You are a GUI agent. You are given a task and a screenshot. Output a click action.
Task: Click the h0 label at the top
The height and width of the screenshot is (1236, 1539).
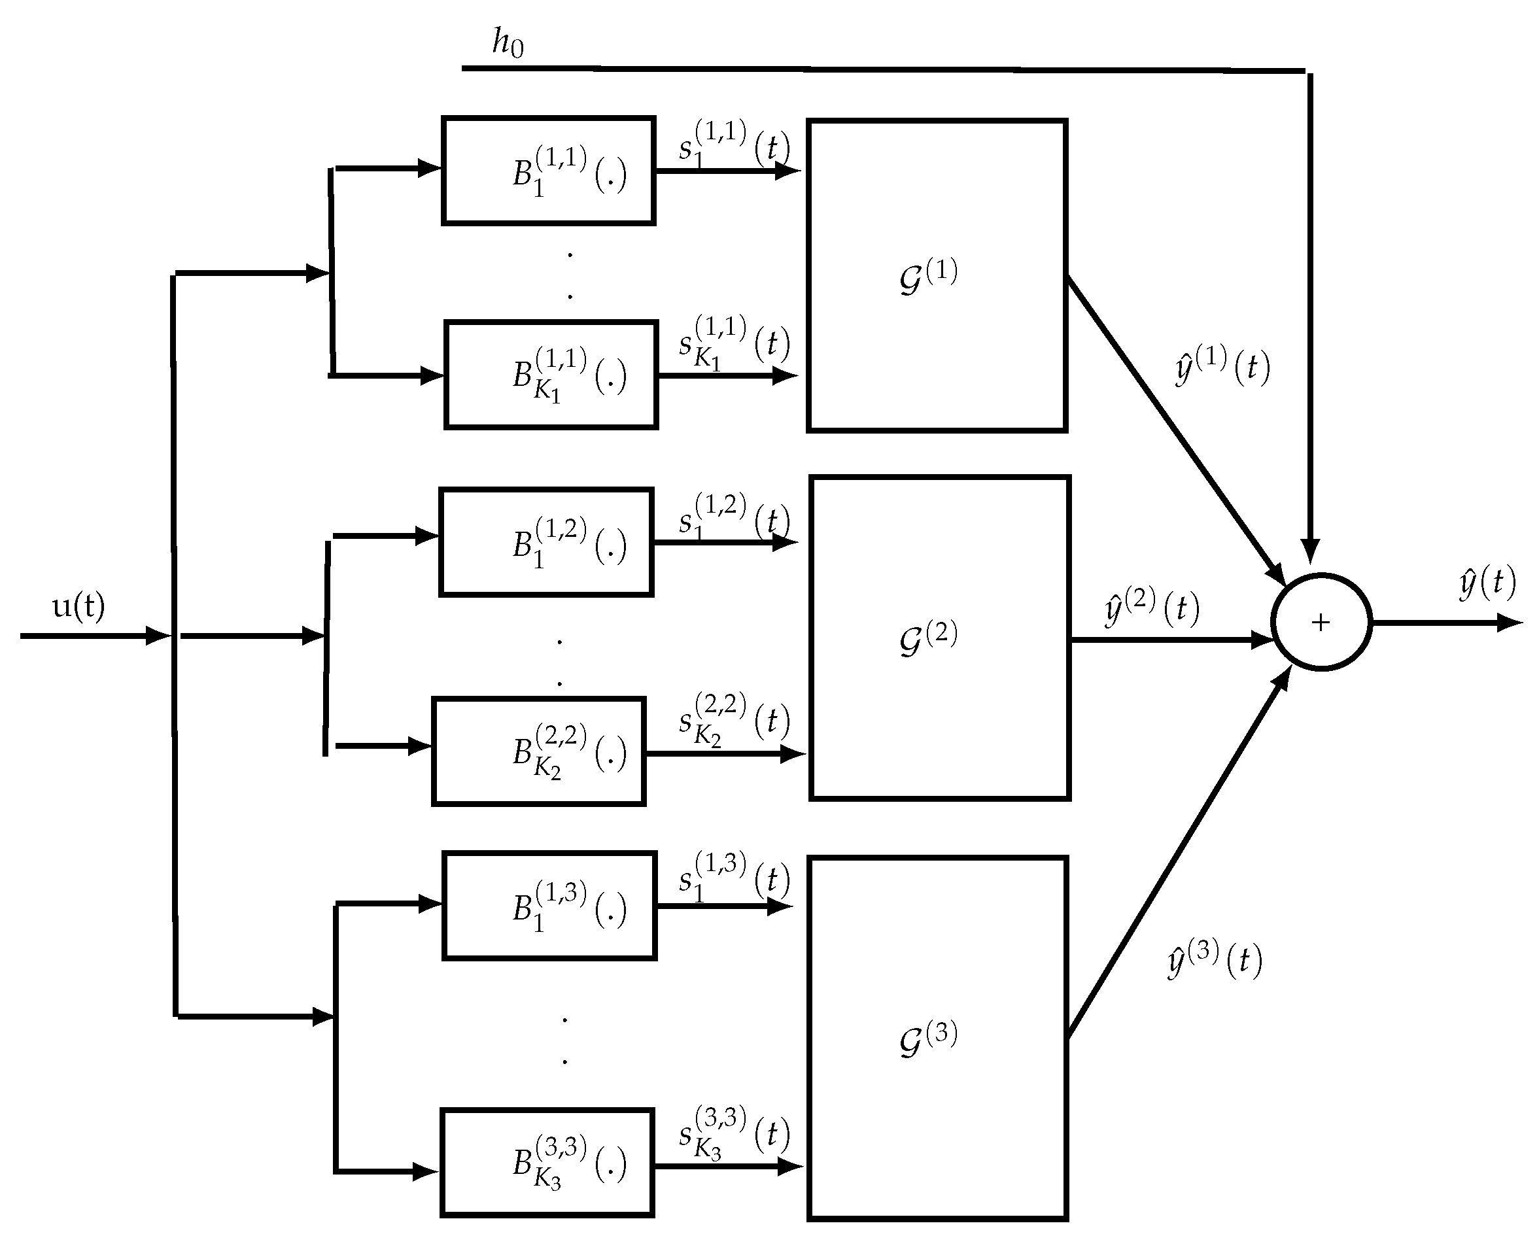tap(508, 43)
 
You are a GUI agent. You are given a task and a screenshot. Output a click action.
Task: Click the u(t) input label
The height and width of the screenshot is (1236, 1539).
tap(78, 607)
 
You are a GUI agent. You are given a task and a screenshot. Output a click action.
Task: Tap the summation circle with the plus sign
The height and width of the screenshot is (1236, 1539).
tap(1321, 623)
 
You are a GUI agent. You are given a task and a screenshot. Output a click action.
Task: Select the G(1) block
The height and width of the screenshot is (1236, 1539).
tap(937, 275)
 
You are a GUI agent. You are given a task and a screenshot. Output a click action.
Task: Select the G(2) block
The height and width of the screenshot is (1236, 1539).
tap(939, 637)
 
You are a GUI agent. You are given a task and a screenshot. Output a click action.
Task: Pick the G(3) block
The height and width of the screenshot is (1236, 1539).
tap(937, 1039)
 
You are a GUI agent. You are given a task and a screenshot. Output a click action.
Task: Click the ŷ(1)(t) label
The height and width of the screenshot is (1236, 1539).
tap(1222, 365)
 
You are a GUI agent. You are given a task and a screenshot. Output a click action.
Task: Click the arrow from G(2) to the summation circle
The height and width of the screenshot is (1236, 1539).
tap(1171, 640)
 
